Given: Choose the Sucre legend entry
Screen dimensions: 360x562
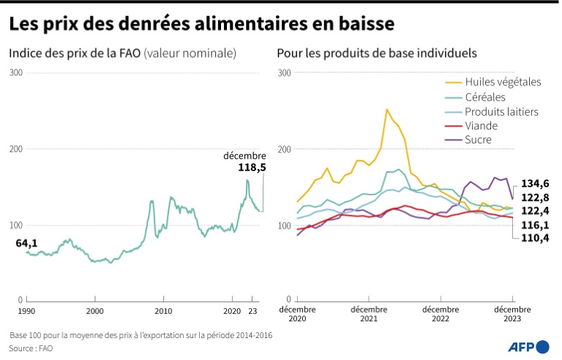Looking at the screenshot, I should (x=478, y=139).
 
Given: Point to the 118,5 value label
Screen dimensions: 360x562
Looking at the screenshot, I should (x=252, y=168).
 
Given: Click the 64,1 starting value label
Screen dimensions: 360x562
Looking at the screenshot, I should (x=26, y=243).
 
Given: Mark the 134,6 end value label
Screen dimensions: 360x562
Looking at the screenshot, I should (x=535, y=184).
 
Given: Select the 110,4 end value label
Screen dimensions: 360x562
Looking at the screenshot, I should (x=535, y=238).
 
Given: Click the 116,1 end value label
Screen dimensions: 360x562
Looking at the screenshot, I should (x=535, y=225).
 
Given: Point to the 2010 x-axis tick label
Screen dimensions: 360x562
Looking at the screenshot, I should (x=164, y=310).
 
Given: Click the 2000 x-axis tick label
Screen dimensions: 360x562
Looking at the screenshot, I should (x=95, y=310).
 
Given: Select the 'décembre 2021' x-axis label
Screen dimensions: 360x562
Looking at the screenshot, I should (x=369, y=314).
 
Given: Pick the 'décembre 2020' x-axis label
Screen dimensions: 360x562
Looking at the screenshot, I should (x=296, y=314).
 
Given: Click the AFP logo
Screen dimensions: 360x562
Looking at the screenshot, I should (x=528, y=346).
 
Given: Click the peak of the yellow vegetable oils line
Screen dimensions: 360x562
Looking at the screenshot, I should (x=386, y=109).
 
